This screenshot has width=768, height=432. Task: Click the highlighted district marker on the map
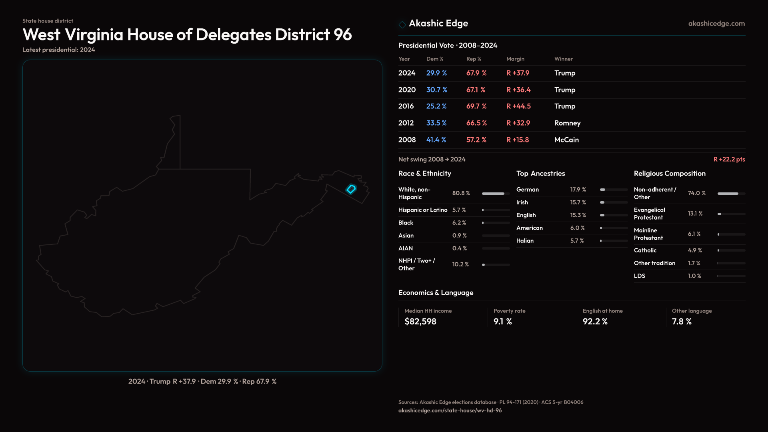click(x=351, y=189)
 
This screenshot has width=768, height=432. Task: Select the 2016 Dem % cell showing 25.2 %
click(x=436, y=106)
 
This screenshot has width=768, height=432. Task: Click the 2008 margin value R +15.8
click(x=518, y=140)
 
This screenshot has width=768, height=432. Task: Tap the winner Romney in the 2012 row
click(x=567, y=123)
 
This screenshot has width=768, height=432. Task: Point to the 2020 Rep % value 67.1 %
click(x=476, y=90)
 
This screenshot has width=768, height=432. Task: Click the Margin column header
click(x=515, y=59)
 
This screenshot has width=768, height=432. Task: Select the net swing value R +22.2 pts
click(x=729, y=159)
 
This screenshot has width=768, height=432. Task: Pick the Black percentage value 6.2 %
click(x=459, y=223)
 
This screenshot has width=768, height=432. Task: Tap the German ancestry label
click(x=528, y=190)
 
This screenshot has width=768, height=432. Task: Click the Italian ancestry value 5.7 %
click(x=577, y=241)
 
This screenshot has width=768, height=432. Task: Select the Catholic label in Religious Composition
click(x=645, y=250)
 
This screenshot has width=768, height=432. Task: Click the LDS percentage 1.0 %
click(x=694, y=276)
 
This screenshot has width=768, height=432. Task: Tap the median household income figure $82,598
click(x=420, y=322)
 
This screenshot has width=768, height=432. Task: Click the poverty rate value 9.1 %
click(x=503, y=322)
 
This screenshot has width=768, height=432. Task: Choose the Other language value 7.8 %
click(x=682, y=322)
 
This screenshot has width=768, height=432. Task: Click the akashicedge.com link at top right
click(x=716, y=24)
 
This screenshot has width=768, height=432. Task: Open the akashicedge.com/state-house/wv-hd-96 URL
click(x=450, y=410)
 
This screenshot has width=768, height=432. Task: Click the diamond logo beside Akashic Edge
click(x=402, y=24)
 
